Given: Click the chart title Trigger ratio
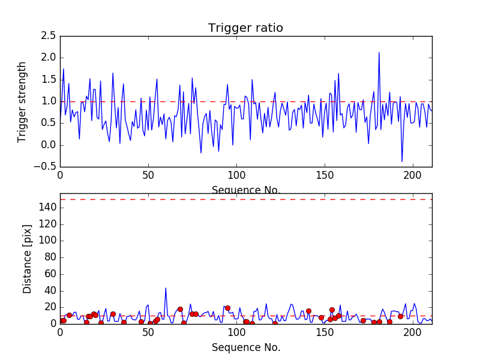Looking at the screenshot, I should pyautogui.click(x=245, y=28).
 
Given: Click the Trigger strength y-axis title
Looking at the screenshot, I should pyautogui.click(x=22, y=101).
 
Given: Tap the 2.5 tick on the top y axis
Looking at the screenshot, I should pyautogui.click(x=49, y=36).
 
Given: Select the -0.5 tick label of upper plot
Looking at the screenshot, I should pyautogui.click(x=47, y=167).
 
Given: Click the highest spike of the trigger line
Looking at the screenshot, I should pyautogui.click(x=379, y=53).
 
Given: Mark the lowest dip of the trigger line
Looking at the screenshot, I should pyautogui.click(x=402, y=161).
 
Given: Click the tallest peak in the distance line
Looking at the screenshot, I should pyautogui.click(x=166, y=288).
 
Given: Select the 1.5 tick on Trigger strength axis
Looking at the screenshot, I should pyautogui.click(x=49, y=80).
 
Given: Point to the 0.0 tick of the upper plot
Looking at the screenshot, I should pyautogui.click(x=49, y=145).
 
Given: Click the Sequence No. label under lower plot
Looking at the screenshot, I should pyautogui.click(x=245, y=347).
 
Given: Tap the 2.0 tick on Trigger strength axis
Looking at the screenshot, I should pyautogui.click(x=49, y=58).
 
